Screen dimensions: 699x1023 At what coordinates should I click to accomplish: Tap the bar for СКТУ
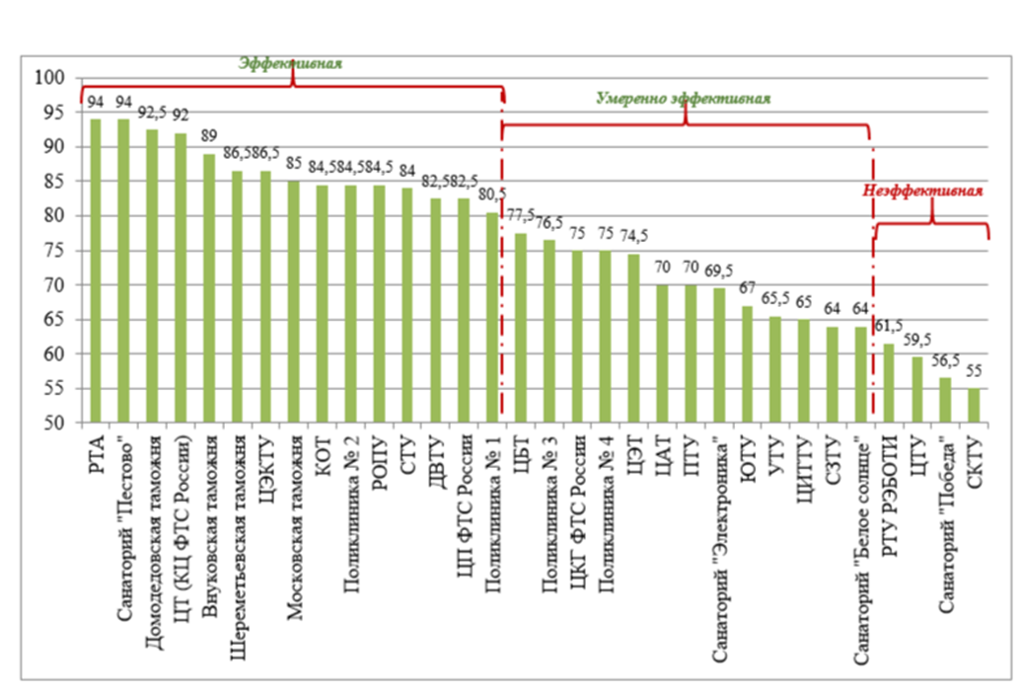click(974, 406)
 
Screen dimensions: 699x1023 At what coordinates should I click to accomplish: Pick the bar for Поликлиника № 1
click(491, 318)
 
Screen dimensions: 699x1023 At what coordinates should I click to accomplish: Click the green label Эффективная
click(290, 62)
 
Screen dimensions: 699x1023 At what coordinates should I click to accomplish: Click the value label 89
click(208, 138)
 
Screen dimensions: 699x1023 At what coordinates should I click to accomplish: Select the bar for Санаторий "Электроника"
click(719, 355)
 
